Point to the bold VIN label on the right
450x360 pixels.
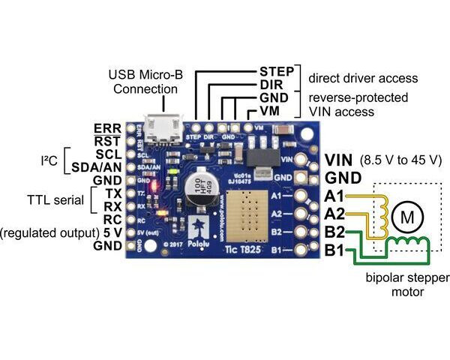[x=340, y=161]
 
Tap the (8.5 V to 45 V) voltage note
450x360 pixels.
[x=402, y=161]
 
